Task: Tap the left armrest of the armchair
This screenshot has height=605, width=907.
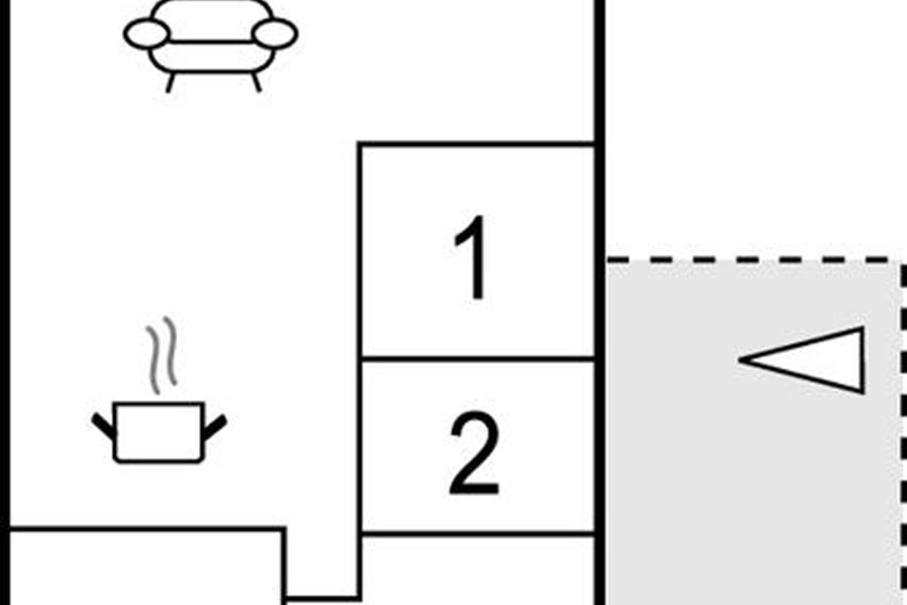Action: [x=147, y=33]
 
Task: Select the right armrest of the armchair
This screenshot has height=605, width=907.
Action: [x=275, y=33]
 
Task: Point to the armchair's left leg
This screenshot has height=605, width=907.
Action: [x=171, y=83]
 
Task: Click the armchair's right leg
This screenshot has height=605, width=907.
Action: [x=256, y=82]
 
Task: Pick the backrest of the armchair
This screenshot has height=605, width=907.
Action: [x=211, y=20]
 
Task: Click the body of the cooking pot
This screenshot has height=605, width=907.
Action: [x=159, y=433]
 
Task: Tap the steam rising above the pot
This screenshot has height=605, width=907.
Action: [x=163, y=355]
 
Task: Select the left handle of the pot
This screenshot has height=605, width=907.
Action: [x=103, y=427]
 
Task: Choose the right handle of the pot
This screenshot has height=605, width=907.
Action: [x=215, y=427]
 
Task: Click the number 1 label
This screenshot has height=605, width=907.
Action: [x=472, y=258]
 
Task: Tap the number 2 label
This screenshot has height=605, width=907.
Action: [x=475, y=453]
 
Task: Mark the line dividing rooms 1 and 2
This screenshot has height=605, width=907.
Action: [x=478, y=358]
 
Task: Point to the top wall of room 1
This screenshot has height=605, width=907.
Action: [x=476, y=144]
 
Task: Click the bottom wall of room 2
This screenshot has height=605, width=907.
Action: [x=478, y=534]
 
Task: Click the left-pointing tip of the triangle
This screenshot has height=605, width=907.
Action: [x=738, y=359]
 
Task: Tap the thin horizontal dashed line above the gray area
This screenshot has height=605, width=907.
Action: [x=755, y=259]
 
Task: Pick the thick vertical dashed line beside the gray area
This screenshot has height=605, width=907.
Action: [x=903, y=433]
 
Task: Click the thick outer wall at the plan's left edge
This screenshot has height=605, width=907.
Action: [x=5, y=302]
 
